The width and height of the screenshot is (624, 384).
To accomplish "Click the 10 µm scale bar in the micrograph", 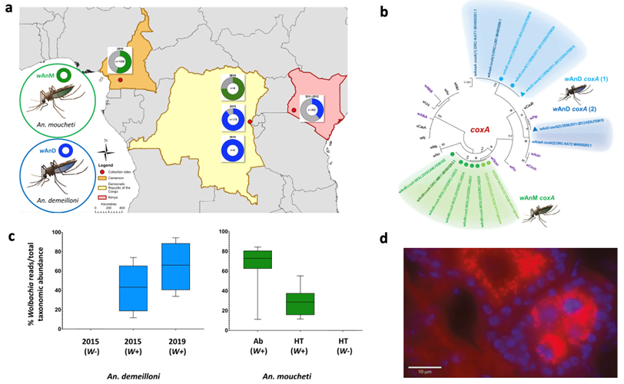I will click(x=423, y=366).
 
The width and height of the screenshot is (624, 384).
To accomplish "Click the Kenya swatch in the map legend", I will click(x=105, y=196).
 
